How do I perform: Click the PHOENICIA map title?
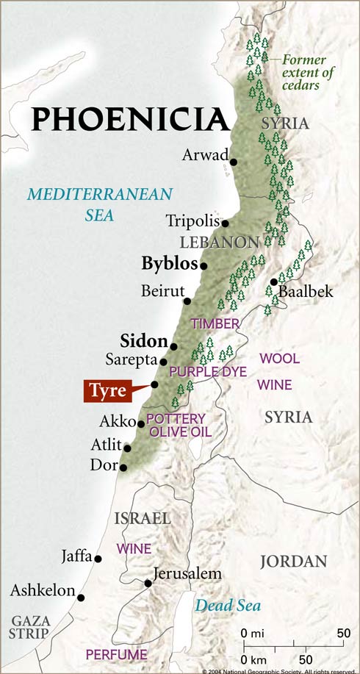click(x=130, y=118)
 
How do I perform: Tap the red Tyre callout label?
click(x=107, y=390)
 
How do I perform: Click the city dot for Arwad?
click(x=233, y=162)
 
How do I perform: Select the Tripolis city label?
click(x=192, y=221)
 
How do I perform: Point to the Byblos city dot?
click(x=204, y=265)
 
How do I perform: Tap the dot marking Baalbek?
click(x=273, y=282)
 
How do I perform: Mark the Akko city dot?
click(x=141, y=423)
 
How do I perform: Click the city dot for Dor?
click(x=123, y=467)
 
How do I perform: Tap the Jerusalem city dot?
click(x=148, y=584)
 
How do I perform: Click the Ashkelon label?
click(x=43, y=590)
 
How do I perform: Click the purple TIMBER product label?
click(x=215, y=323)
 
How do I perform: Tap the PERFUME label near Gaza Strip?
click(x=112, y=653)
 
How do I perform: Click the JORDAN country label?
click(x=293, y=562)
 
